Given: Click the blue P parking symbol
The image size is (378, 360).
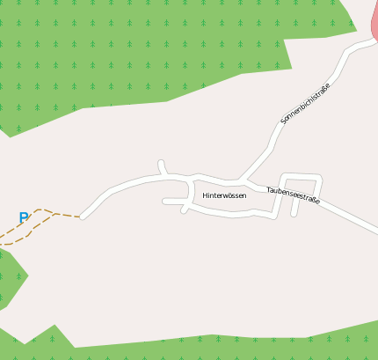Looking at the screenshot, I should (24, 217).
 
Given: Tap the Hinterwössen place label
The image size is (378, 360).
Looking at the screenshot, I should (224, 195).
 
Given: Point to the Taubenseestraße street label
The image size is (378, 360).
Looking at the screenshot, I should (293, 195).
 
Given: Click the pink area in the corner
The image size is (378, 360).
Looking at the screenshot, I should (373, 21).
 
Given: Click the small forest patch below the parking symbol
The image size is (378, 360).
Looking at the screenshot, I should (11, 276).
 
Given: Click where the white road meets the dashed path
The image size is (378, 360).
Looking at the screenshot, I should (81, 216).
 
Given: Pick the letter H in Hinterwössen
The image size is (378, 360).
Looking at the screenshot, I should (205, 195).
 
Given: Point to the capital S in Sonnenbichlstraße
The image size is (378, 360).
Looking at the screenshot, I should (283, 121).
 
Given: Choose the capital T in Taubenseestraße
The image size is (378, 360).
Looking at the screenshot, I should (269, 187).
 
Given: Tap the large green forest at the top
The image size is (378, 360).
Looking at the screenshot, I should (132, 53).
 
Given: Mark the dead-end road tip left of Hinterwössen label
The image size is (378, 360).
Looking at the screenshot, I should (164, 202).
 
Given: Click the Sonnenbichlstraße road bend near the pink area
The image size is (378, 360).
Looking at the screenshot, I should (351, 50).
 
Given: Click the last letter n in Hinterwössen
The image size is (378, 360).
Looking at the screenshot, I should (244, 195).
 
